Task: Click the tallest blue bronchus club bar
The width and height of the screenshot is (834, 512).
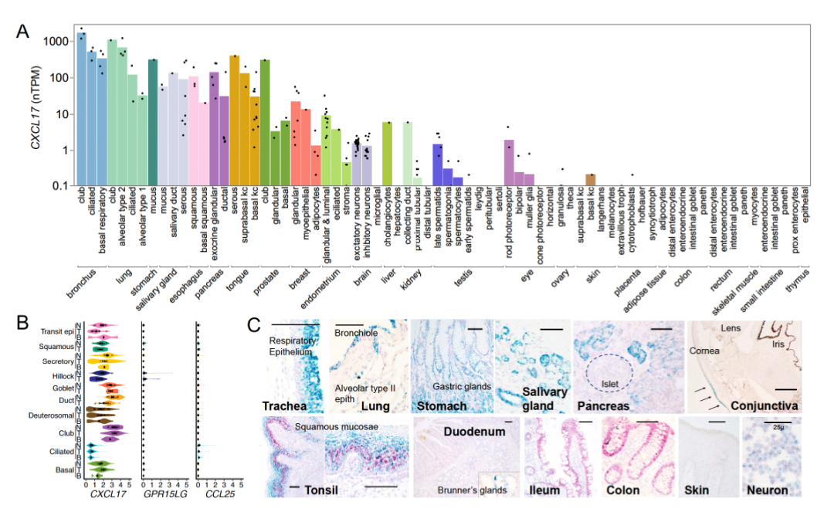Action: coord(82,108)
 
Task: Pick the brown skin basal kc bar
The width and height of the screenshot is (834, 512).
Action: coord(590,180)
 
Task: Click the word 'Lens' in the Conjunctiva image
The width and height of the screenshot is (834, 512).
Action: coord(731,328)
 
